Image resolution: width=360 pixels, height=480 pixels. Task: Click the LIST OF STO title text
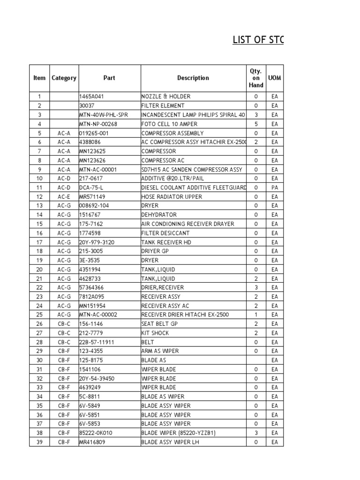pos(258,40)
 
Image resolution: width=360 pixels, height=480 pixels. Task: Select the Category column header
pos(64,78)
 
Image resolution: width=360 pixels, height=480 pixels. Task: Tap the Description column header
pos(193,78)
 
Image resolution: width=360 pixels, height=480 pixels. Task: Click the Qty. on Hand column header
pos(256,78)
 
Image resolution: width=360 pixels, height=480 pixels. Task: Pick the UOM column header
pos(275,78)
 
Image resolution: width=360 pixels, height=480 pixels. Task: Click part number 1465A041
pos(91,97)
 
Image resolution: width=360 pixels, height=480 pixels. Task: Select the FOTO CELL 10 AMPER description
pos(169,124)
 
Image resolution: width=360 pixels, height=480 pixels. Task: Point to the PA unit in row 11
pos(275,187)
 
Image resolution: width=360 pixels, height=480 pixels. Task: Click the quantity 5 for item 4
pos(256,124)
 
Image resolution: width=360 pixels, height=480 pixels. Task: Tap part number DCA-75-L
pos(91,187)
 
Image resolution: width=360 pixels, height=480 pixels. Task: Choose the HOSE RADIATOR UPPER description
pos(172,197)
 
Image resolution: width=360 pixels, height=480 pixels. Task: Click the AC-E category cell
pos(64,197)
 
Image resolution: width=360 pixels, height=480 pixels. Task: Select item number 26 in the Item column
pos(39,324)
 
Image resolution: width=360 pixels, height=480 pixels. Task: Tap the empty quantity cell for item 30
pos(256,360)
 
